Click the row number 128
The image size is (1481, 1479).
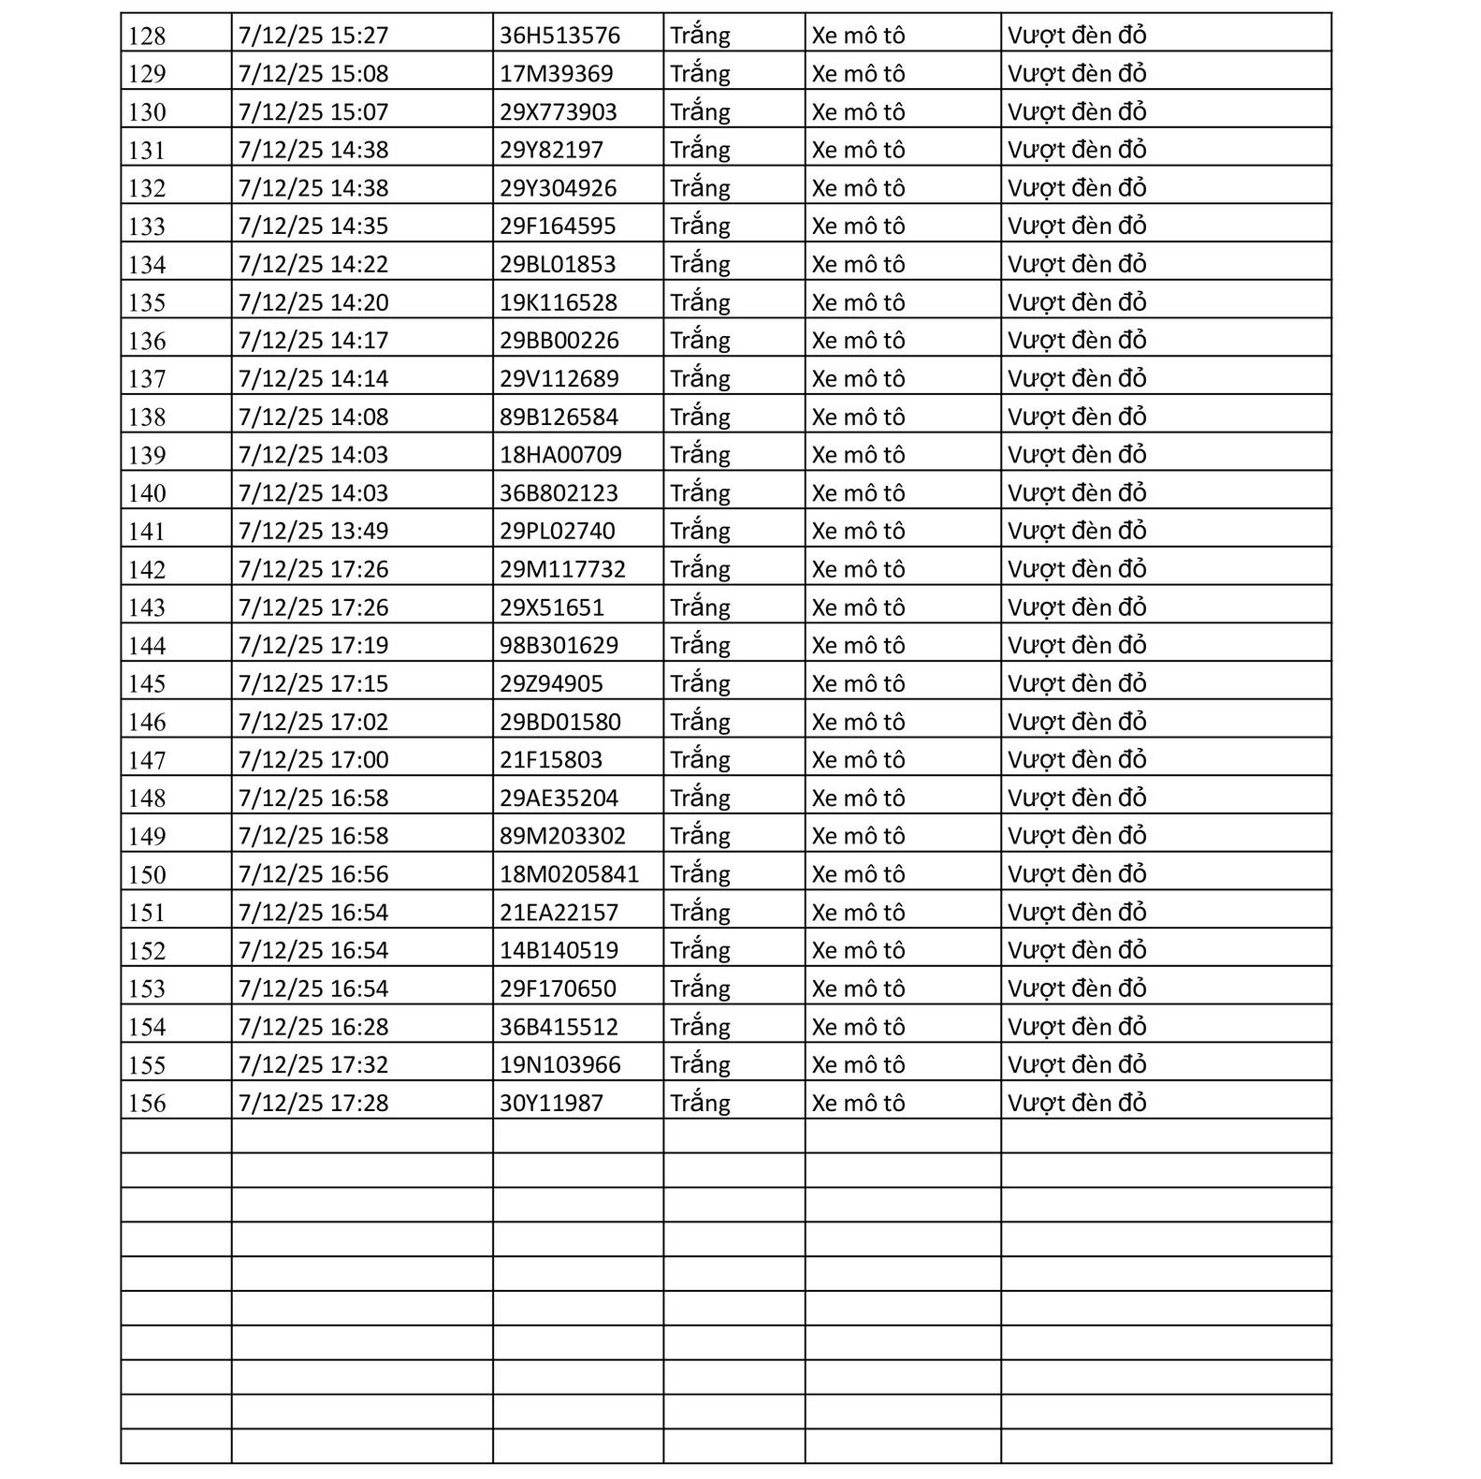(147, 37)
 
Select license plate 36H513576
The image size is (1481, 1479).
(559, 36)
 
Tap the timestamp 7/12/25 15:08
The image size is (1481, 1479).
(312, 74)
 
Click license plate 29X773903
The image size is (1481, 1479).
(558, 112)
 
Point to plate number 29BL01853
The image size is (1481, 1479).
(558, 265)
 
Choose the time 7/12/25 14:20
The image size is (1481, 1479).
(312, 302)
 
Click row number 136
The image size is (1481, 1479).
(147, 342)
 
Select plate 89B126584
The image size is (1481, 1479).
(559, 417)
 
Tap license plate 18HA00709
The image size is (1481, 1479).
(560, 455)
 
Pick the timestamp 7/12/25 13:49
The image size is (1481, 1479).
(312, 531)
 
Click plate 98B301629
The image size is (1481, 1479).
(559, 645)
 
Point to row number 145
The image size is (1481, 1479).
(147, 684)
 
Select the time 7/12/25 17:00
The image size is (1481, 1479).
(312, 759)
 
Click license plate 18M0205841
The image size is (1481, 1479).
(569, 874)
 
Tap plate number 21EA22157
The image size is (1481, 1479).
(559, 912)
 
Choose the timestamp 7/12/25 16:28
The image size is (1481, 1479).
(312, 1027)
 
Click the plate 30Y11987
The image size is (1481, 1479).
(551, 1103)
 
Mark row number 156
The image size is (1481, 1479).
(147, 1104)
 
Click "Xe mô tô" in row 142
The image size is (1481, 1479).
(858, 569)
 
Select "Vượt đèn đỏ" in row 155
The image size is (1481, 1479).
(1077, 1064)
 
